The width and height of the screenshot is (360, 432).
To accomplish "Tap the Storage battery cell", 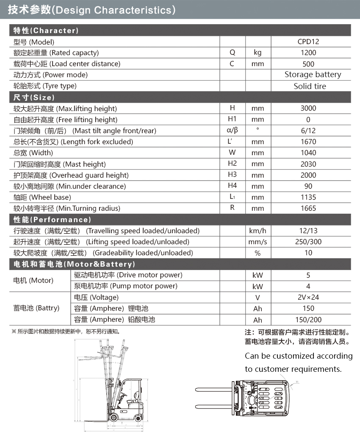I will click(x=313, y=75).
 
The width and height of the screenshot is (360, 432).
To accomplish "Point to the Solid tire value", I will click(x=310, y=86).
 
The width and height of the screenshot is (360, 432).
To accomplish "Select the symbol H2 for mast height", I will click(x=232, y=164).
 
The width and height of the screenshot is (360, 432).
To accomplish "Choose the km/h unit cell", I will click(x=258, y=231).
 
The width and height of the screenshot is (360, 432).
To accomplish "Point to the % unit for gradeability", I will click(x=258, y=253).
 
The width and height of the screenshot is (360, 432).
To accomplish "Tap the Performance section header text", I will click(x=52, y=220).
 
